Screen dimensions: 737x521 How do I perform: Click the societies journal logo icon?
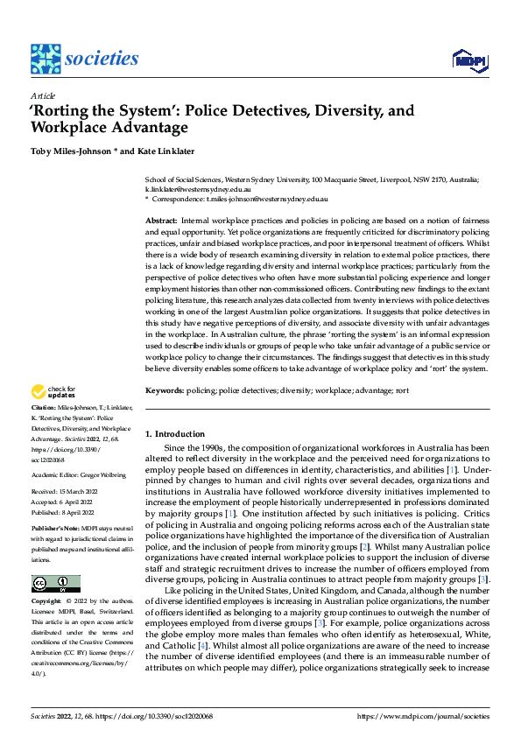45,59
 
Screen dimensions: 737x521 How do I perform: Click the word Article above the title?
43,95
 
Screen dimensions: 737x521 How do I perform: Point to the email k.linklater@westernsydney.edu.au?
199,188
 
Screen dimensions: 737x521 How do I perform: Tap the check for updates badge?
54,392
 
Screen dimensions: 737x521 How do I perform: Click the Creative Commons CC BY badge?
55,558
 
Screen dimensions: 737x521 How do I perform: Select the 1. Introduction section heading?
175,434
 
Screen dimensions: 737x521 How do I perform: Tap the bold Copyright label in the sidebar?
46,579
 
